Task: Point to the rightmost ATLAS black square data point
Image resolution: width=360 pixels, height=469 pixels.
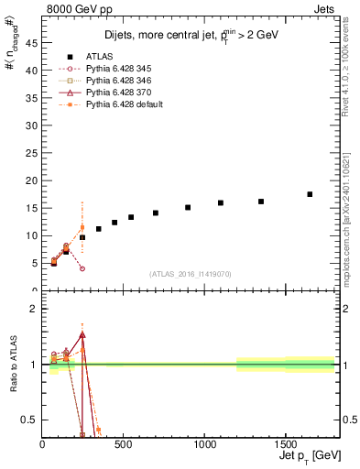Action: coord(310,194)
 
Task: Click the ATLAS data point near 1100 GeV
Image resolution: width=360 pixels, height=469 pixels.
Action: coord(221,202)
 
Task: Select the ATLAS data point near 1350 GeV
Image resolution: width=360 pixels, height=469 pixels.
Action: coord(261,202)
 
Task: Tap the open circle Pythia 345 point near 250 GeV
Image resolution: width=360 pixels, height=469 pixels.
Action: coord(82,268)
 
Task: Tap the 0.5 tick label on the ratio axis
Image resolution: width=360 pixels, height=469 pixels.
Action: coord(29,420)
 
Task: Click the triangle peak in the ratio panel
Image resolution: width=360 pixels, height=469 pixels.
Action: coord(82,335)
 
